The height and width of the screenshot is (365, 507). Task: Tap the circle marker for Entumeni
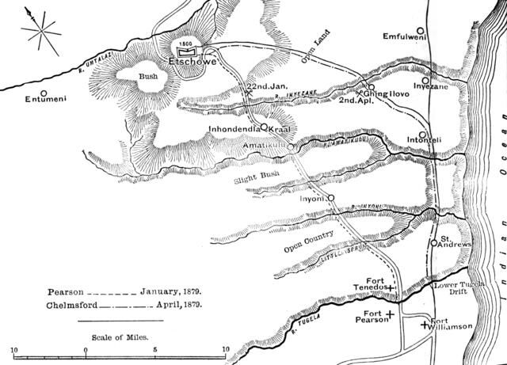pyautogui.click(x=33, y=90)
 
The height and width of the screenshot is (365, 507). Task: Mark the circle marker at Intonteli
pyautogui.click(x=423, y=135)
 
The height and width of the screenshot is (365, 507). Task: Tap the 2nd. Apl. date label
pyautogui.click(x=355, y=101)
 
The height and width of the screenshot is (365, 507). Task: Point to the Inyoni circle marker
pyautogui.click(x=330, y=198)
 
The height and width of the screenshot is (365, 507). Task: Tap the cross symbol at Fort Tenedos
pyautogui.click(x=391, y=288)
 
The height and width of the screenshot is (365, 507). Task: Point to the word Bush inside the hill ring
pyautogui.click(x=148, y=78)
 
